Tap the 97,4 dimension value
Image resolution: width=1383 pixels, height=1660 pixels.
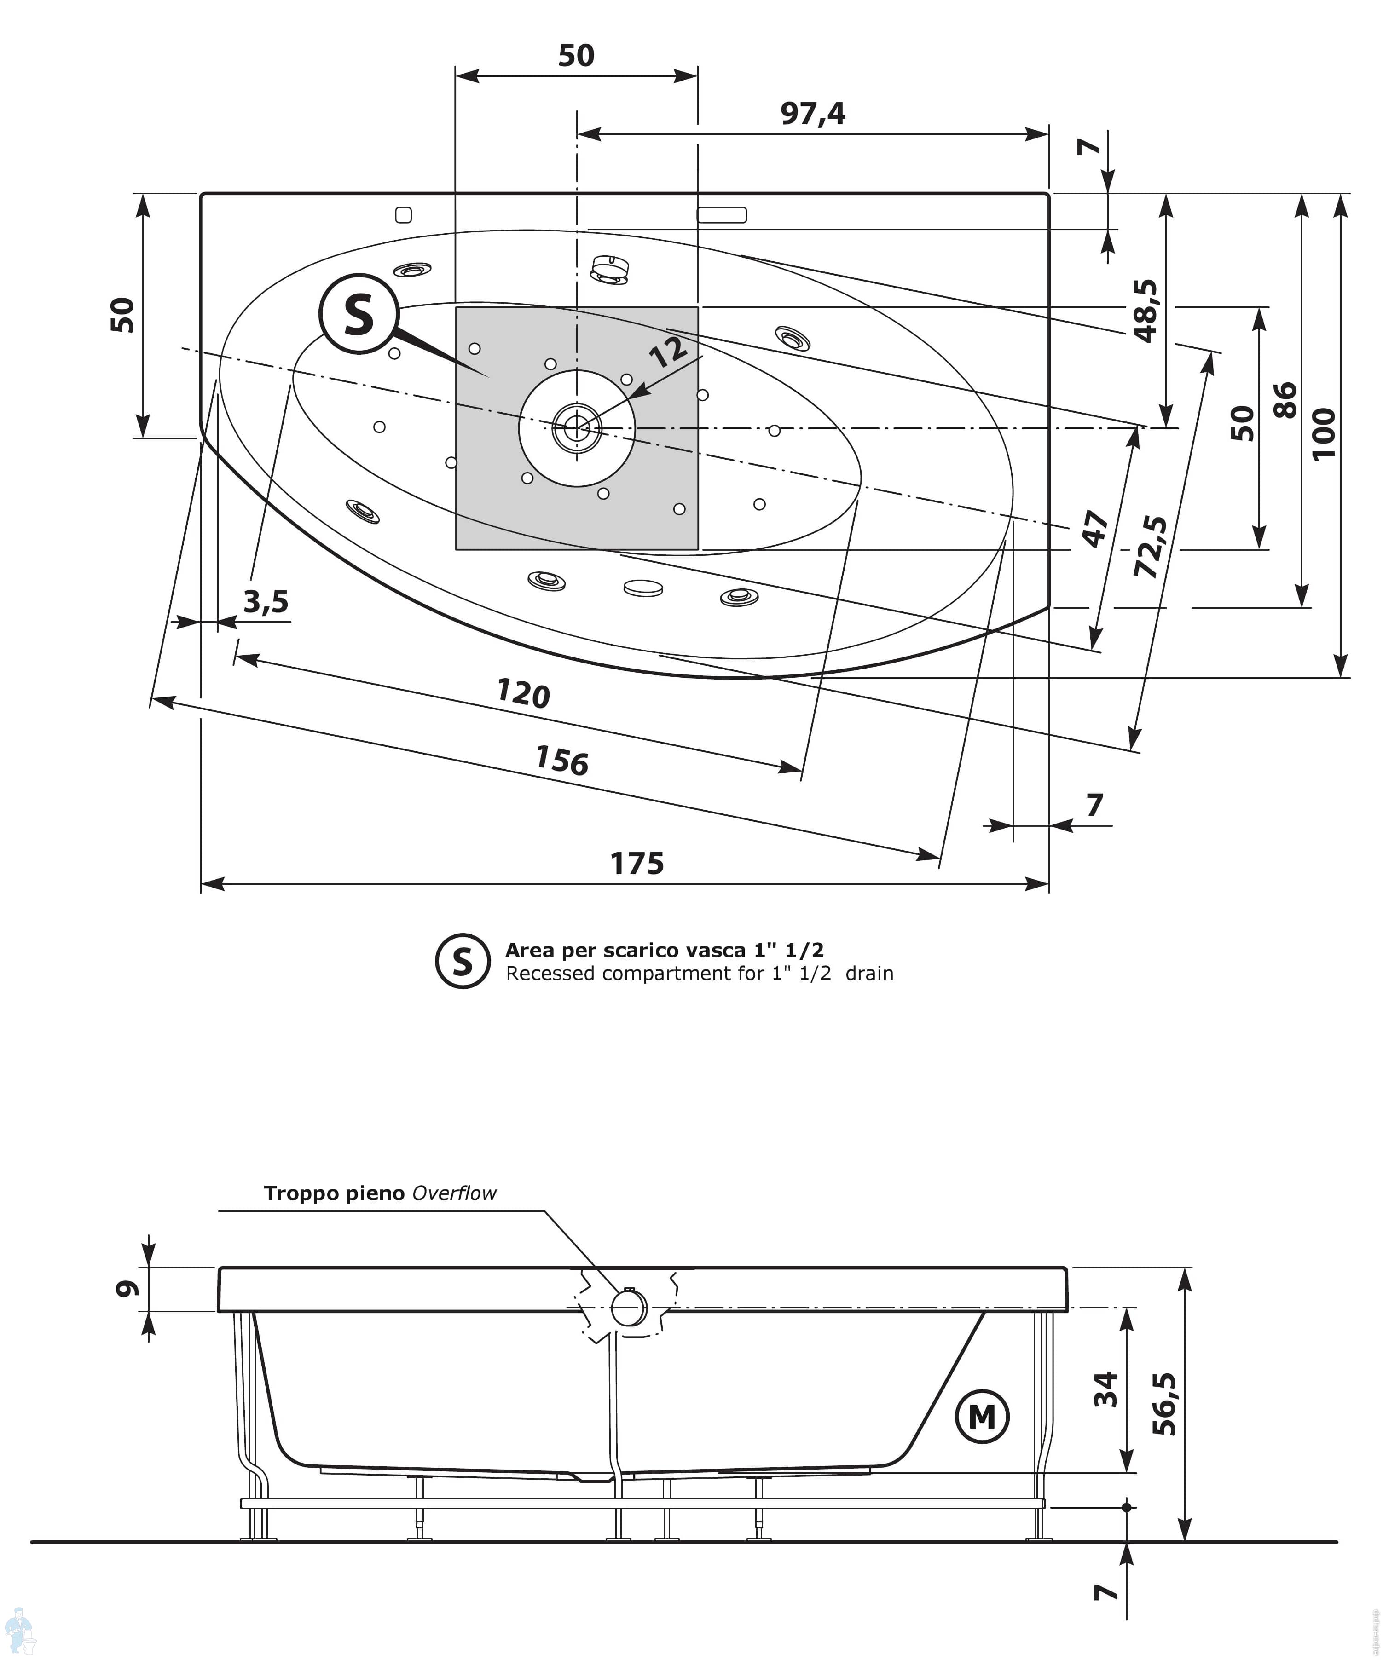[813, 114]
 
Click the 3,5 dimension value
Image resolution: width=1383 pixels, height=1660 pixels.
[266, 602]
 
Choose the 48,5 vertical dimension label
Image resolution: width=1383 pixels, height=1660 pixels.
[1146, 311]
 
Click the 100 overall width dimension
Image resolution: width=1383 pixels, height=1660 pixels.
[1323, 433]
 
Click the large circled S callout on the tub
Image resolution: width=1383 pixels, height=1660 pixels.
[359, 314]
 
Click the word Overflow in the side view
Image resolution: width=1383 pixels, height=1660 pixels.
[455, 1193]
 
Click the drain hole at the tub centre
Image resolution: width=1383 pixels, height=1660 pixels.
[577, 427]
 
